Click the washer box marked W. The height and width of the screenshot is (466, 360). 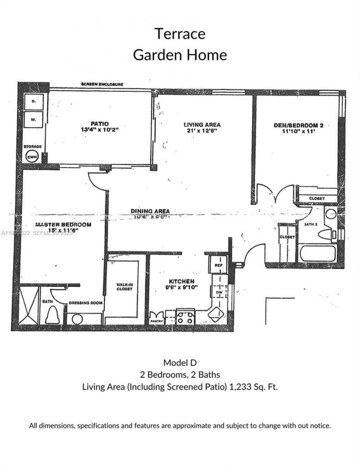click(33, 120)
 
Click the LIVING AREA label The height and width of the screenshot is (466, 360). click(202, 125)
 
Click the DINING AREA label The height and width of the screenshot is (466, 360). click(150, 211)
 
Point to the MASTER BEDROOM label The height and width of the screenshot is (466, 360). click(57, 224)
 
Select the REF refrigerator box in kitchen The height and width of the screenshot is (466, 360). click(219, 265)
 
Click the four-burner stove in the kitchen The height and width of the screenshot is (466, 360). click(185, 316)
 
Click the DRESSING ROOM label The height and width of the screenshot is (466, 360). click(85, 303)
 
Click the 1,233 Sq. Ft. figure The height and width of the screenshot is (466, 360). click(254, 386)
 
